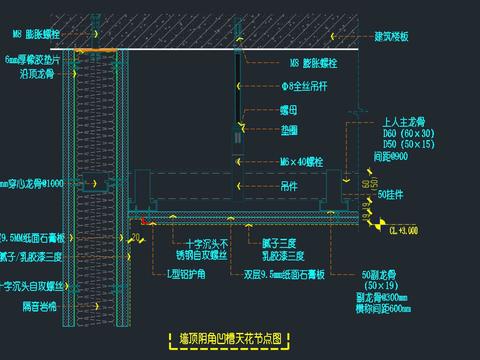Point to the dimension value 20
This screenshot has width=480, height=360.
pyautogui.click(x=136, y=237)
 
